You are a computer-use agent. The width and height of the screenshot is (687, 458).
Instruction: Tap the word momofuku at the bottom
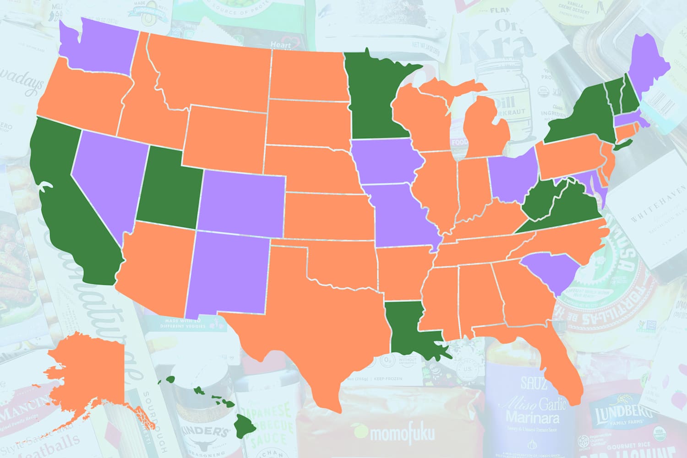(x=394, y=432)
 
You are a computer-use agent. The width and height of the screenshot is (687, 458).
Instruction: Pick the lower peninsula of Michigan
(x=488, y=133)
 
